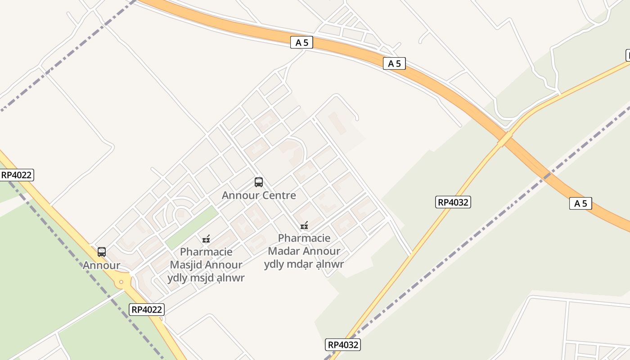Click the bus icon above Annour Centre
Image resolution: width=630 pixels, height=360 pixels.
tap(259, 182)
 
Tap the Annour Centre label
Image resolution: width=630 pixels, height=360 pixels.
tap(259, 195)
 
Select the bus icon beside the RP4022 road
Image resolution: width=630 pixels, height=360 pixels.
tap(102, 252)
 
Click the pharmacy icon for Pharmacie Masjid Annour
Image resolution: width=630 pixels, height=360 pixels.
tap(207, 238)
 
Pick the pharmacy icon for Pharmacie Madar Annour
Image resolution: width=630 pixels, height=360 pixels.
tap(304, 225)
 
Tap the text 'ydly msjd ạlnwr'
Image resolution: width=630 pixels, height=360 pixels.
tap(206, 278)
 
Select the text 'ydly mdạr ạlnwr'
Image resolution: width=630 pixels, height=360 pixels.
tap(304, 264)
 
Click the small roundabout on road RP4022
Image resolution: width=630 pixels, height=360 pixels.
tap(121, 282)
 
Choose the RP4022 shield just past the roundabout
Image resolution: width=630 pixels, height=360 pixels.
tap(147, 309)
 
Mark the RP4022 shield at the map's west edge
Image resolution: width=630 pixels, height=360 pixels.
tap(17, 175)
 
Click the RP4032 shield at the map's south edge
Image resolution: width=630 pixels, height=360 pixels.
tap(343, 345)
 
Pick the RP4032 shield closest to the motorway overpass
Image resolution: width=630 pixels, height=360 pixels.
tap(453, 202)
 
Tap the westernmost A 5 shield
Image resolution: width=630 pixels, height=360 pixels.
tap(301, 43)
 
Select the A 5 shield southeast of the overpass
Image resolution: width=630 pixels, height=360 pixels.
tap(580, 203)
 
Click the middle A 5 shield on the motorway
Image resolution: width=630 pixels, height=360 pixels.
tap(394, 63)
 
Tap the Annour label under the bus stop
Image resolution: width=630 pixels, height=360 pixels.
tap(101, 265)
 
